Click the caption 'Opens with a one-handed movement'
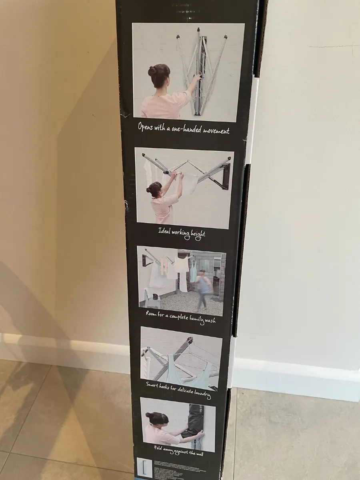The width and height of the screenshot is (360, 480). coord(184,128)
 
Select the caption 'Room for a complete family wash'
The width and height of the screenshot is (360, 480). coord(181,317)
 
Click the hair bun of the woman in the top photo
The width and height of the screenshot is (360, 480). coord(152,71)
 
